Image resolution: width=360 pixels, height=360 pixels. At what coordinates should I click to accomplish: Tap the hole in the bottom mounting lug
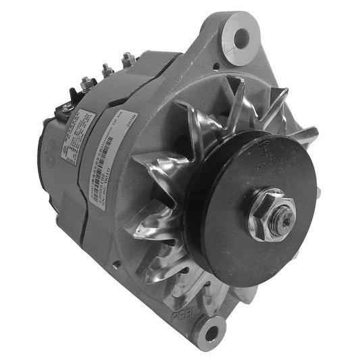213,331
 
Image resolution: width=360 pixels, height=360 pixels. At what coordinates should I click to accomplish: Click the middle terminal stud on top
107,70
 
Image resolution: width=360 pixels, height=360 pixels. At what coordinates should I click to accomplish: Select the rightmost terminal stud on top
127,59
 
